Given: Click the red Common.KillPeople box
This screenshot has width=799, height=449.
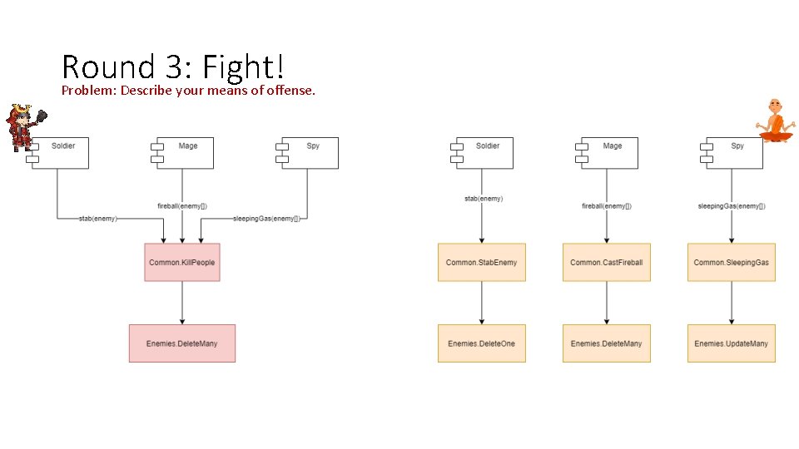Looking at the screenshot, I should point(181,262).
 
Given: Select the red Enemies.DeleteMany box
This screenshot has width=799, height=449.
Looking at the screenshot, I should point(181,343).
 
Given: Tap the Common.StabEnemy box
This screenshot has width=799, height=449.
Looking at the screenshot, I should point(481,262).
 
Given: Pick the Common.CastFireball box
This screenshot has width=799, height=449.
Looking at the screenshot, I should point(606,262).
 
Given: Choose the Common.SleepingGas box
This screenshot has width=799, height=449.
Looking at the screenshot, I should point(731,262).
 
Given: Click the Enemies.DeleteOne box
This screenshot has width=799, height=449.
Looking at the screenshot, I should point(481,343).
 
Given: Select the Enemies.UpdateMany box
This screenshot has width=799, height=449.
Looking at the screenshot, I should point(731,343).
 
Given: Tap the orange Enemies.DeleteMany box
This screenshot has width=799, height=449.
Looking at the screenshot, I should point(606,343).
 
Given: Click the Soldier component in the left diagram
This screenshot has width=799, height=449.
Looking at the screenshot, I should point(58,153).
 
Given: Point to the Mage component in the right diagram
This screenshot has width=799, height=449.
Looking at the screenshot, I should point(607,153).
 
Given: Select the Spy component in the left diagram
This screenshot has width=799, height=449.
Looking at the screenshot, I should point(309,153).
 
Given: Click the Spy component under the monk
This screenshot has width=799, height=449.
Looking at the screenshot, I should point(732,153).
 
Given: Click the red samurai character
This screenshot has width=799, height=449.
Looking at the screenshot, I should point(20,126).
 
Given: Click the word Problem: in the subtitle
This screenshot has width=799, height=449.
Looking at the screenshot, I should point(89,90).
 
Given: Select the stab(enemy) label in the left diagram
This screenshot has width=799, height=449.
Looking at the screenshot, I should point(98,219).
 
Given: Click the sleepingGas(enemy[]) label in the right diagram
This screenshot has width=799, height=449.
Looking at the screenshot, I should point(731,206).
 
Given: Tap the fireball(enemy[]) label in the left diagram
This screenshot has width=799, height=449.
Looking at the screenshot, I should point(181,206).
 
